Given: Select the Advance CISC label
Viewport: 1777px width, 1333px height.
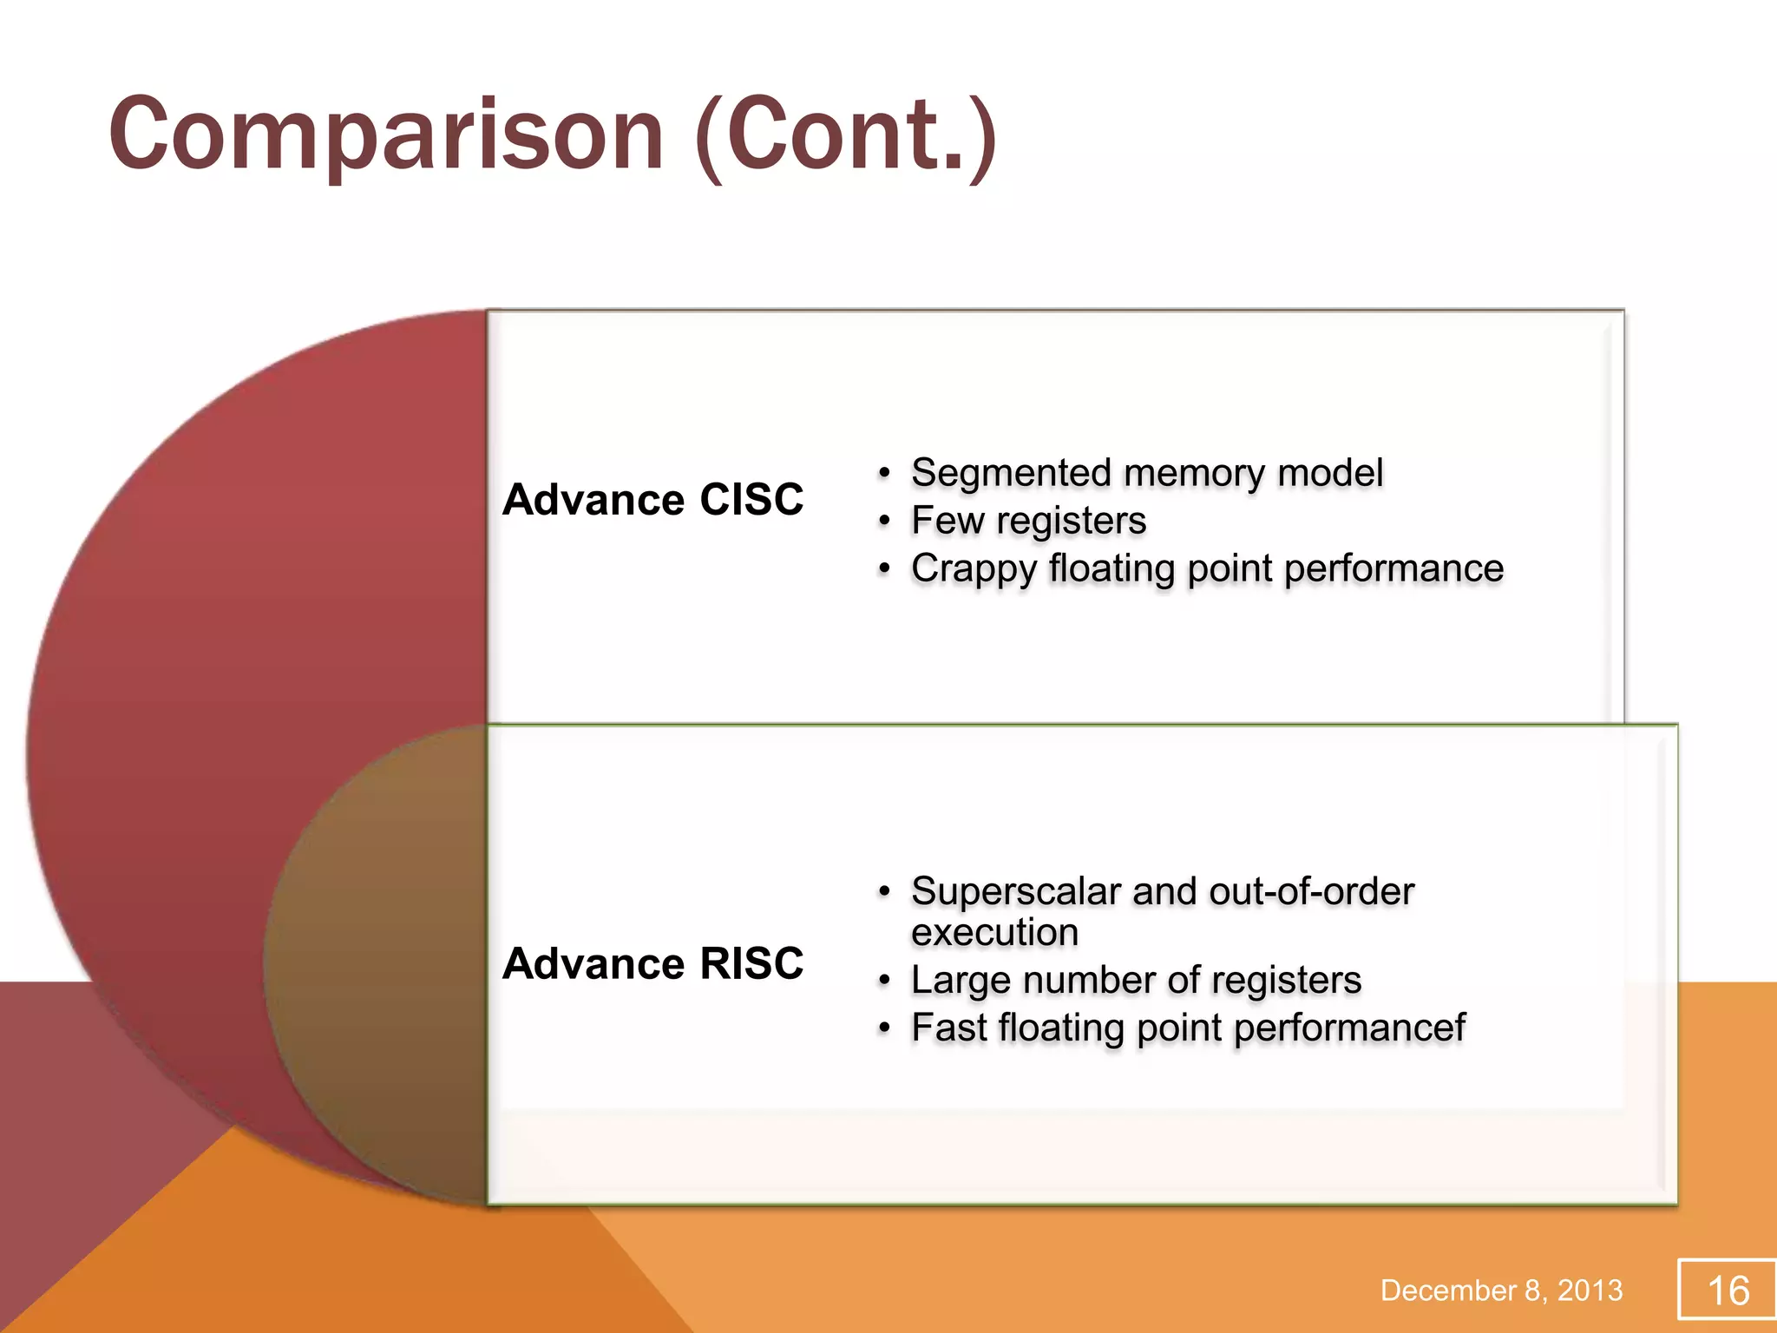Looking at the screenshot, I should coord(652,500).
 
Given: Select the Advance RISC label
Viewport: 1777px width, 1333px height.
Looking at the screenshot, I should coord(652,963).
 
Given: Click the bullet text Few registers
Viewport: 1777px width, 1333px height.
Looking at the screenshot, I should coord(1028,521).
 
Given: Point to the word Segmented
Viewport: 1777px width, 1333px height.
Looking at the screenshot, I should coord(1011,473).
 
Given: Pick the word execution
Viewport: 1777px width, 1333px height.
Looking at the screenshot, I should coord(994,932).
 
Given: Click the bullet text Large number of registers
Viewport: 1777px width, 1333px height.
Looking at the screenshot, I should coord(1136,980).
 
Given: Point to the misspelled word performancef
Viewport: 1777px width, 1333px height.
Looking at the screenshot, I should coord(1349,1028).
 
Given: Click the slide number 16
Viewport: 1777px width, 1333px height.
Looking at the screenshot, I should coord(1728,1290).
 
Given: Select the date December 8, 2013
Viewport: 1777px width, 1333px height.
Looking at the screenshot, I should coord(1501,1290).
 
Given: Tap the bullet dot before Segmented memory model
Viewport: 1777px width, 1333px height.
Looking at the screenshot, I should coord(883,474).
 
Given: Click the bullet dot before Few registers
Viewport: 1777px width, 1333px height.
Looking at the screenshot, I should coord(883,522).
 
